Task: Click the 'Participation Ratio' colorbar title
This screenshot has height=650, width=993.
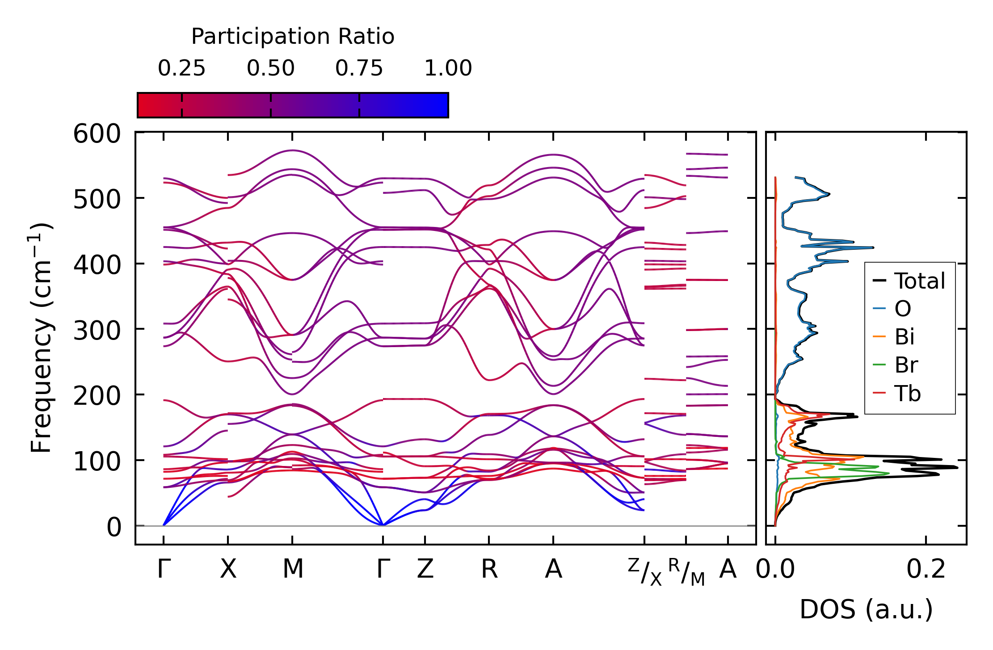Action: pos(293,37)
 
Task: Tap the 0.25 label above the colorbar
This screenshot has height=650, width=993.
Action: pos(181,68)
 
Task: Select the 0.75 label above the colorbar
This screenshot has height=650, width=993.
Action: pos(359,68)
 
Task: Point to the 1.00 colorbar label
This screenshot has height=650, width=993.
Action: pos(448,68)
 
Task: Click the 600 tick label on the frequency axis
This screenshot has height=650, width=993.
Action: pos(97,134)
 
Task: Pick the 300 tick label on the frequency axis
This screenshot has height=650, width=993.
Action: pos(97,331)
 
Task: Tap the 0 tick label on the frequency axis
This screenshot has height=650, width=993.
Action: pos(114,528)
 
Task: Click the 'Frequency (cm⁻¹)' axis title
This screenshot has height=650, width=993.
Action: pos(42,337)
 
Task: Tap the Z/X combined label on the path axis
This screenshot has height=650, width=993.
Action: pos(644,572)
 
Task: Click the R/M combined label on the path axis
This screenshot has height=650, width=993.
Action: pos(686,572)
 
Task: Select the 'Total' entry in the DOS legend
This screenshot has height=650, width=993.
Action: pos(919,281)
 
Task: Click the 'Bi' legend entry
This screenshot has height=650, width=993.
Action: pos(904,337)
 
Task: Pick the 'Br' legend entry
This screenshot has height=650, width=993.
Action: pos(906,365)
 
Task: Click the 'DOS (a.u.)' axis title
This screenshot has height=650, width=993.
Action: pos(866,609)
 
